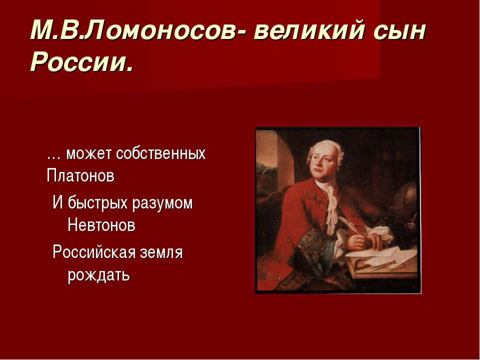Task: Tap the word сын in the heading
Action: tap(400, 33)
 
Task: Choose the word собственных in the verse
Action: tap(160, 153)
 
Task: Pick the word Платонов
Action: tap(80, 176)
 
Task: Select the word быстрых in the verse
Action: tap(97, 203)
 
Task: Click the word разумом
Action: tap(162, 204)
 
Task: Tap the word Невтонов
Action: tap(101, 225)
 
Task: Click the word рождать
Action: tap(98, 274)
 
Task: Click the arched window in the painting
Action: tap(280, 155)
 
